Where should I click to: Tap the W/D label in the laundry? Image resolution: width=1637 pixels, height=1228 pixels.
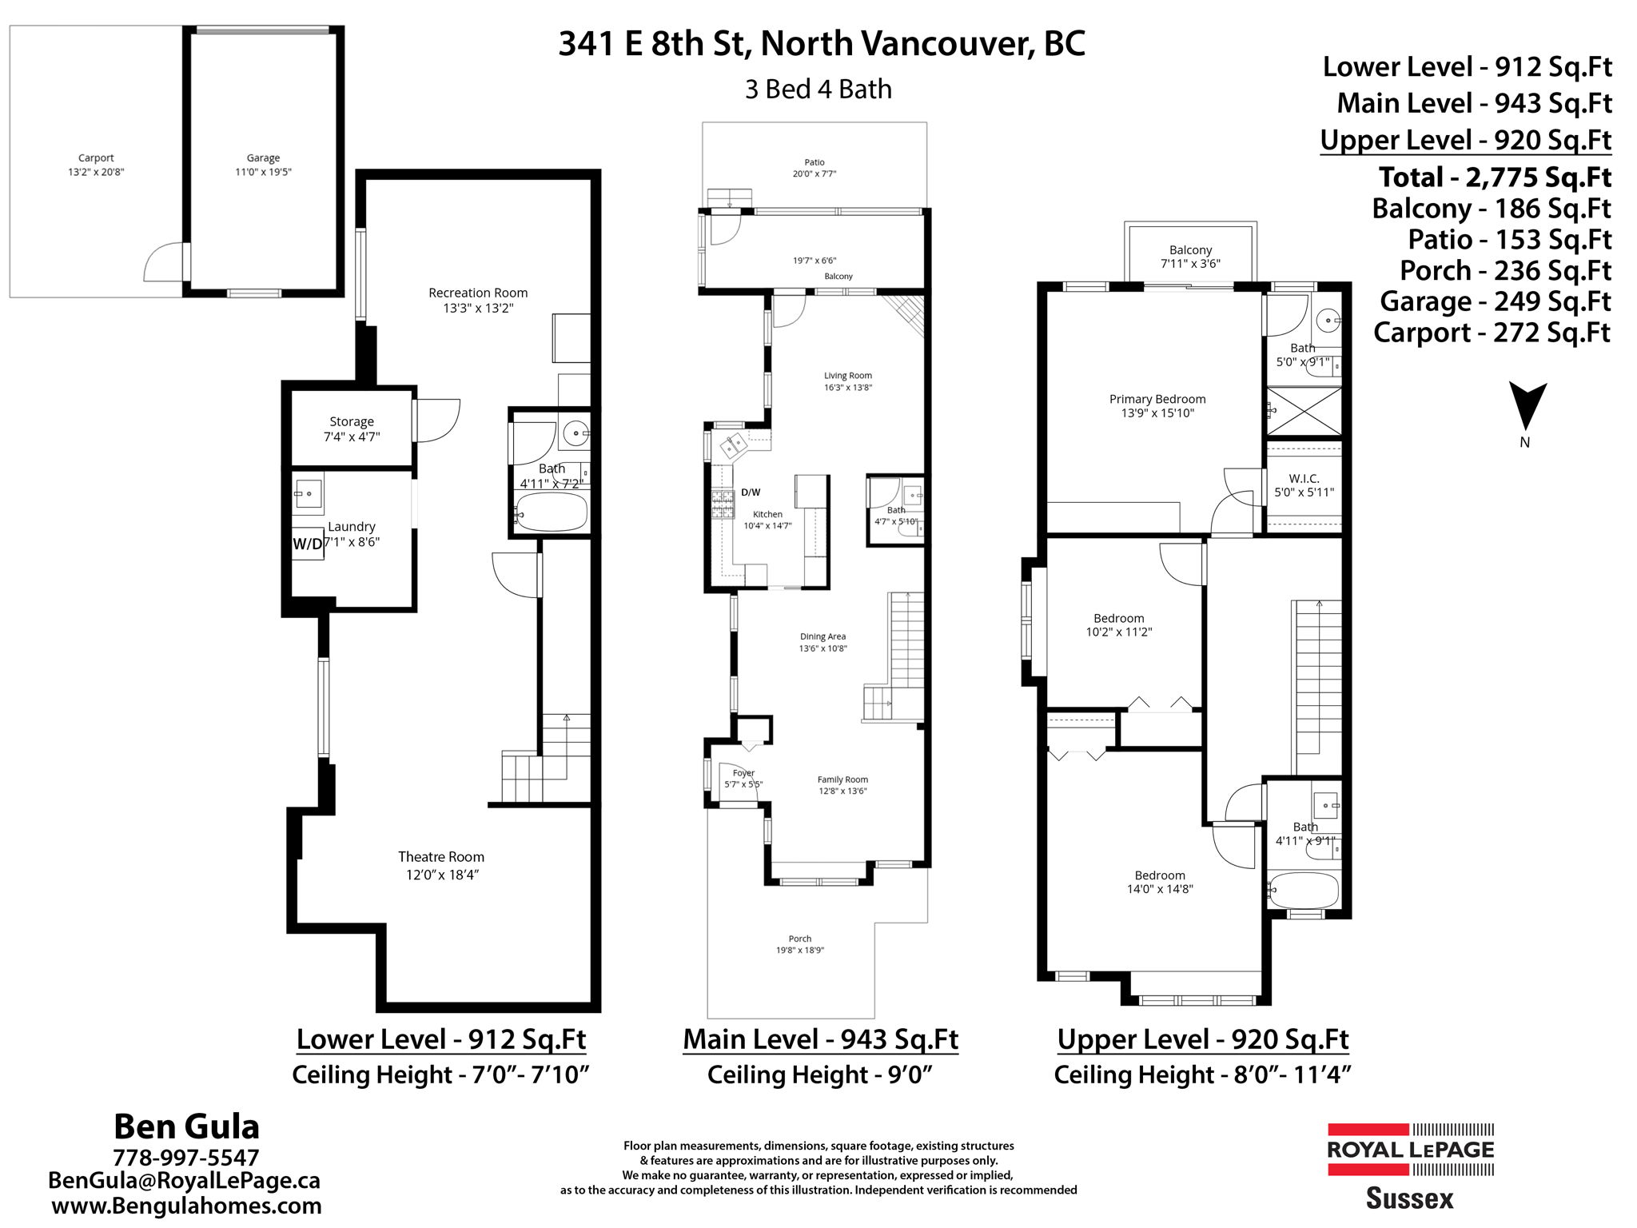pyautogui.click(x=308, y=544)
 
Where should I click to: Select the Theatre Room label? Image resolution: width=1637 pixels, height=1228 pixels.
pyautogui.click(x=441, y=857)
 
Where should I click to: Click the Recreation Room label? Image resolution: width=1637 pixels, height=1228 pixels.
pyautogui.click(x=478, y=293)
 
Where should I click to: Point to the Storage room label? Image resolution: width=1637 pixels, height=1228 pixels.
pyautogui.click(x=352, y=421)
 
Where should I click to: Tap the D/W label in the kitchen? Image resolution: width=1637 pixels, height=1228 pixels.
pyautogui.click(x=751, y=492)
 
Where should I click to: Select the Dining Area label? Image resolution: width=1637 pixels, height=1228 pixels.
pyautogui.click(x=822, y=636)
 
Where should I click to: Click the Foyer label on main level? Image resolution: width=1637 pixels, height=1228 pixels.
pyautogui.click(x=743, y=773)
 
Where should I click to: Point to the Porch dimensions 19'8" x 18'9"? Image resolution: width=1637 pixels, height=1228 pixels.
pyautogui.click(x=799, y=951)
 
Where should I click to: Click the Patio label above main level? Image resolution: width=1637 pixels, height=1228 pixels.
pyautogui.click(x=815, y=162)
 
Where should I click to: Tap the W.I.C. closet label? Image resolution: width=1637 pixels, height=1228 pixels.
pyautogui.click(x=1304, y=478)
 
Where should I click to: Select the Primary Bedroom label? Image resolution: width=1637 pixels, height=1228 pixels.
pyautogui.click(x=1157, y=399)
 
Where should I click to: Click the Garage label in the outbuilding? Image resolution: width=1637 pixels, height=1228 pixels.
pyautogui.click(x=263, y=158)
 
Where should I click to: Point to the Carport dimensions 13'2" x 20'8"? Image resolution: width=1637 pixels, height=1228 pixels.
pyautogui.click(x=96, y=172)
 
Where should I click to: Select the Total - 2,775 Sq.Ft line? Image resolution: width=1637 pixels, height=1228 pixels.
pyautogui.click(x=1495, y=177)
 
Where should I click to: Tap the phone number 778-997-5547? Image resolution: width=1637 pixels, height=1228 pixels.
pyautogui.click(x=186, y=1158)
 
